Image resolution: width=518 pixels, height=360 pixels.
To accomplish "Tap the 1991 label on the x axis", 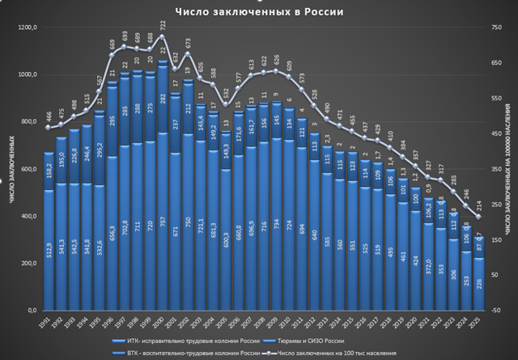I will pyautogui.click(x=49, y=323).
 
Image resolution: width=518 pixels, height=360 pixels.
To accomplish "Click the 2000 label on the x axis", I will pyautogui.click(x=163, y=323).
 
